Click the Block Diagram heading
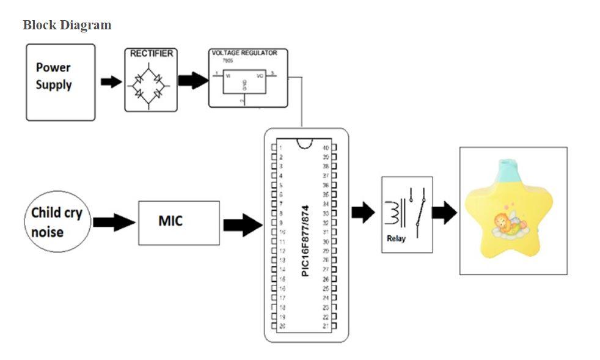67,25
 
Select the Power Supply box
60,82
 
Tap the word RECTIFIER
151,54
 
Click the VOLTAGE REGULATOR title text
244,53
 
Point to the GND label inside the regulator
244,84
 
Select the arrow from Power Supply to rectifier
111,82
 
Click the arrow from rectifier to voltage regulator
192,81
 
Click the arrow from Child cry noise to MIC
114,222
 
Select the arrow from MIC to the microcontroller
243,225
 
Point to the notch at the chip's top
304,142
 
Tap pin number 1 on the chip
280,148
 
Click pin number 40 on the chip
326,148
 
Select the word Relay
396,238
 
